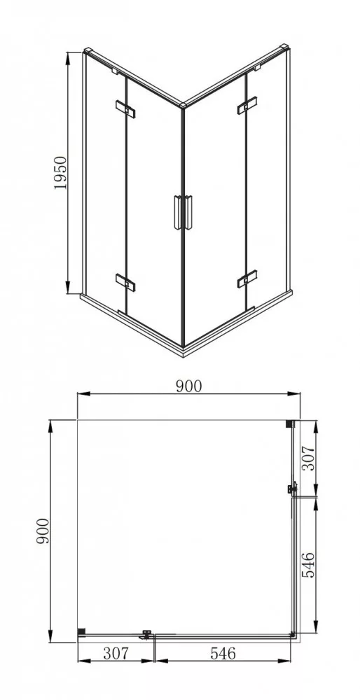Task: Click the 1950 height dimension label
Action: [x=60, y=173]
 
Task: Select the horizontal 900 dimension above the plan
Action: [x=188, y=386]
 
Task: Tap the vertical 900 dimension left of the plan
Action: [x=43, y=531]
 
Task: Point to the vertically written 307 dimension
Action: [x=309, y=458]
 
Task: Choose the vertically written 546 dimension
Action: [x=309, y=565]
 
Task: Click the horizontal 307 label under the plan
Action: [x=116, y=653]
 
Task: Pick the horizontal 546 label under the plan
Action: [x=223, y=653]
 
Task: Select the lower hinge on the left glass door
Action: [x=125, y=281]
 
